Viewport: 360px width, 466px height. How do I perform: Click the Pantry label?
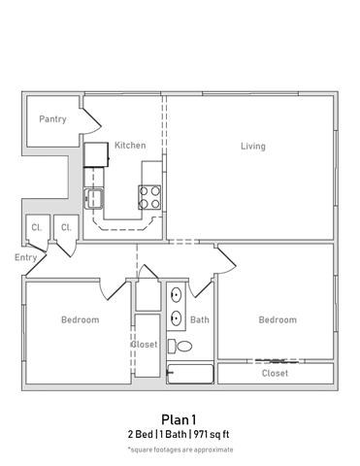click(52, 119)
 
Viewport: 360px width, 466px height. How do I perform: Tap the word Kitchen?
click(130, 146)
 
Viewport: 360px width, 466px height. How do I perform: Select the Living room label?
click(253, 147)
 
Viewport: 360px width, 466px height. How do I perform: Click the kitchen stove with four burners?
click(150, 198)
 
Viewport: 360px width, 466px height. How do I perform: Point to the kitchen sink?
click(95, 199)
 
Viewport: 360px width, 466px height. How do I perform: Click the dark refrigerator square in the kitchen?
click(95, 154)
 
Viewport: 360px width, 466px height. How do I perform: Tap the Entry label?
click(25, 258)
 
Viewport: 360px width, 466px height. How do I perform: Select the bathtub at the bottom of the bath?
click(191, 373)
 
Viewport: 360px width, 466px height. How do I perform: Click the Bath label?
click(200, 319)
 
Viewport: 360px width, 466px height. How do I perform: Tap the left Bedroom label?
click(80, 319)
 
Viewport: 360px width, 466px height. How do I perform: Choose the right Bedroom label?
click(278, 319)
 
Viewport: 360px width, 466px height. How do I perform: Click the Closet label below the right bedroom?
click(276, 373)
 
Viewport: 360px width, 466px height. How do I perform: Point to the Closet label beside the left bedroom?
click(144, 344)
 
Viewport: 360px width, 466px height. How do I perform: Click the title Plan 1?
click(180, 419)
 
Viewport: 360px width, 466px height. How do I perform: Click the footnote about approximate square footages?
click(180, 449)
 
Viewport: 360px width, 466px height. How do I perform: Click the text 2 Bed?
click(143, 434)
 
